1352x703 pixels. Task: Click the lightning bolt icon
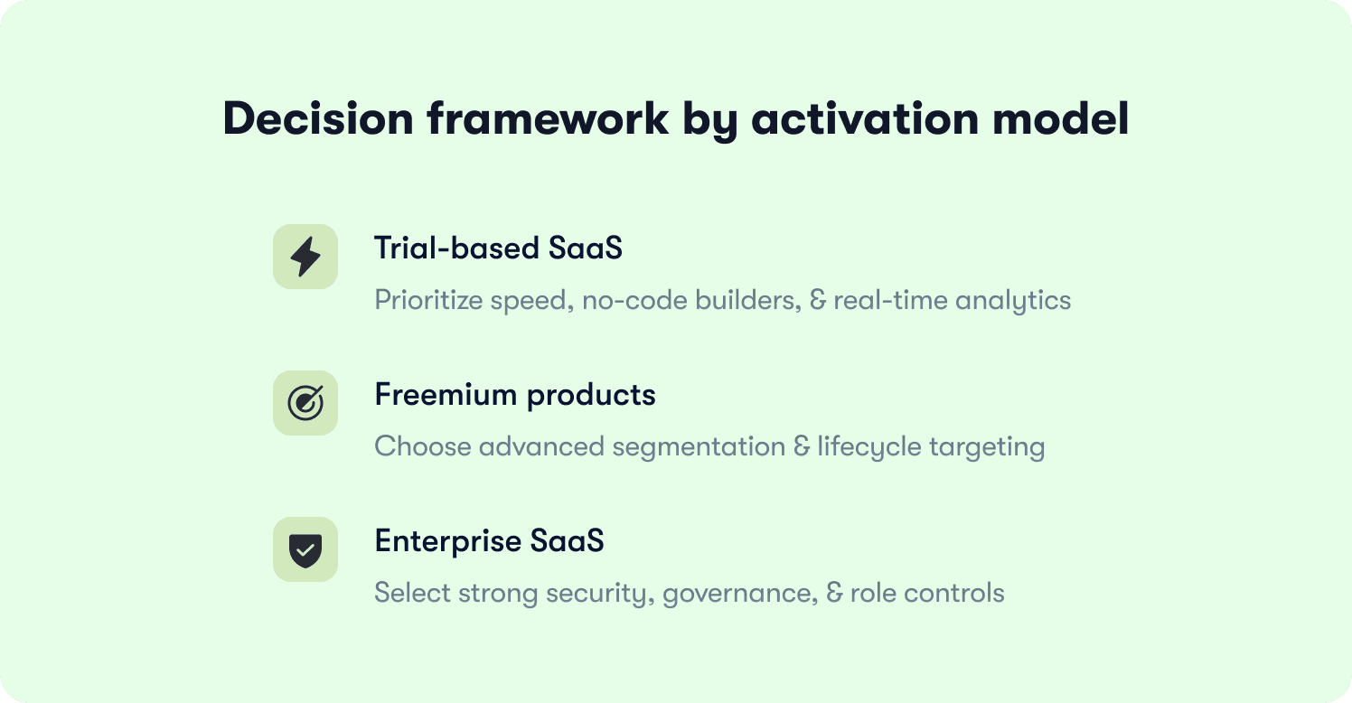(x=305, y=258)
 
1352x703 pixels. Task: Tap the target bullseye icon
(x=305, y=403)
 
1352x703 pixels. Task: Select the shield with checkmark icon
(x=305, y=549)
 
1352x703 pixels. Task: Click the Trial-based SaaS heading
(x=498, y=248)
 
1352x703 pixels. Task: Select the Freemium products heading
(x=514, y=395)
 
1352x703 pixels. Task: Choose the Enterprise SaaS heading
(x=489, y=541)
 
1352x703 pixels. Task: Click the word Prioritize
(x=428, y=300)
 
